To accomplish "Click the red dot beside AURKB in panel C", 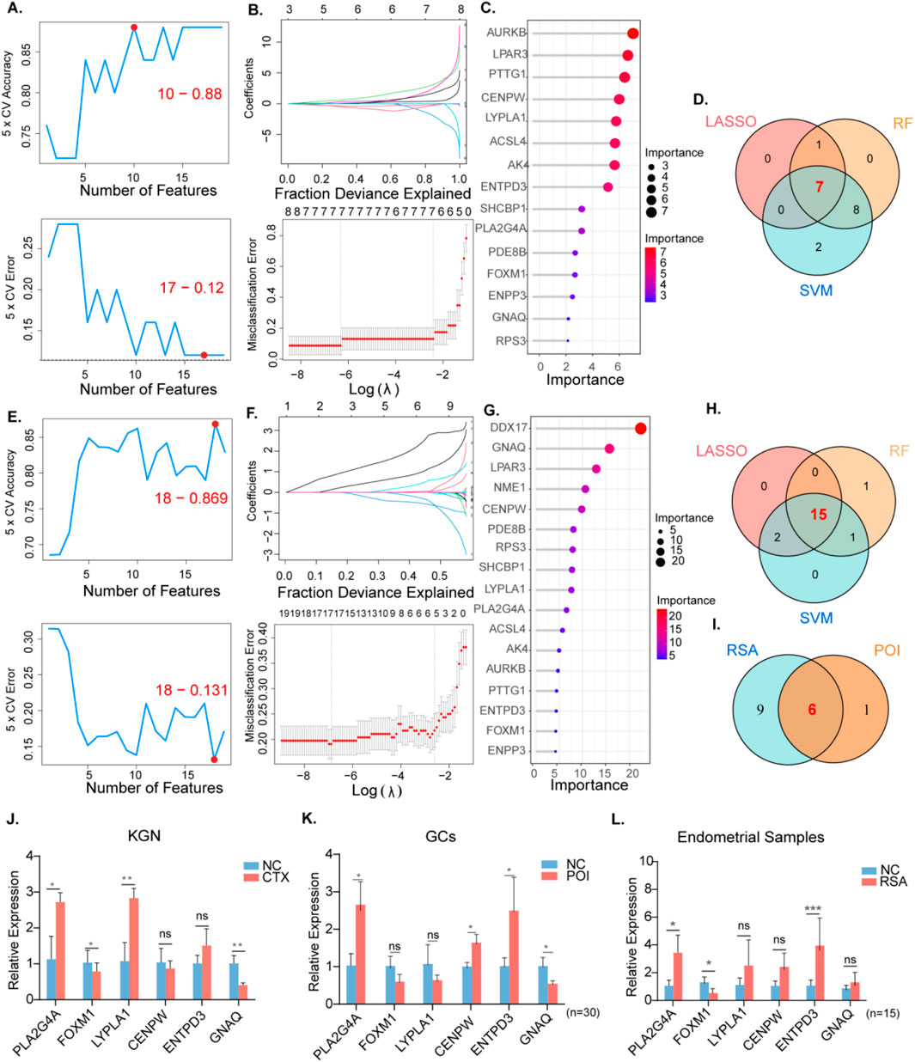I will pos(633,34).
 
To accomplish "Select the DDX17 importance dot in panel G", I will pos(640,428).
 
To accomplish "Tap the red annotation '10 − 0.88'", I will pos(189,93).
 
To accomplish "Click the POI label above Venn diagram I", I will pos(888,650).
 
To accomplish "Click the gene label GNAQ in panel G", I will pos(508,448).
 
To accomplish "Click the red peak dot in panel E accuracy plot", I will pos(215,424).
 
